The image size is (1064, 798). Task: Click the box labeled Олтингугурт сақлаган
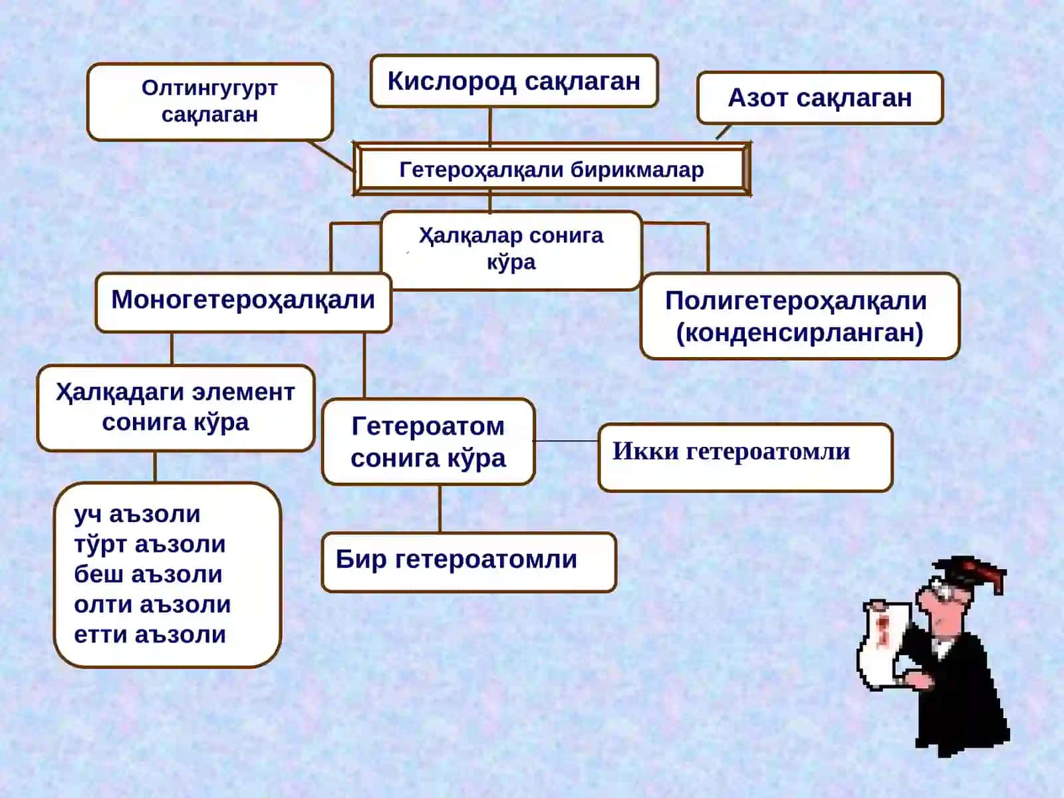tap(210, 102)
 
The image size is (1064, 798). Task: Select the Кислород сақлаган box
tap(514, 81)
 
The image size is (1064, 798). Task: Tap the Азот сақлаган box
tap(820, 98)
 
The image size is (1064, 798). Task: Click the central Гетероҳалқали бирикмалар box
tap(552, 170)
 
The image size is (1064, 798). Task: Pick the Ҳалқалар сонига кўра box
tap(511, 250)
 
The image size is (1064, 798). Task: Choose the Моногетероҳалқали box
tap(243, 303)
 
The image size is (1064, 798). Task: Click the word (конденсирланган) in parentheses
tap(799, 332)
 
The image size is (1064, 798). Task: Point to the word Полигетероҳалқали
tap(796, 301)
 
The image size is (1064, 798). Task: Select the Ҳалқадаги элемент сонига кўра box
tap(176, 408)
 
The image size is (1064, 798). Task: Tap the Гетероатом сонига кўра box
tap(428, 442)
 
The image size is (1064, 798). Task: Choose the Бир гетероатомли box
tap(469, 562)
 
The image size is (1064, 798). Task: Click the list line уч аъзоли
tap(137, 514)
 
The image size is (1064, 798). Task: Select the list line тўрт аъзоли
tap(150, 544)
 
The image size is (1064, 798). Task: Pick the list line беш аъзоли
tap(148, 574)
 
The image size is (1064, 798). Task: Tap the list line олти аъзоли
tap(152, 604)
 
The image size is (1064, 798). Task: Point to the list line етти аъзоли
tap(150, 634)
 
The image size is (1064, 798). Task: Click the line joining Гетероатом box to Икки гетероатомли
tap(566, 441)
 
